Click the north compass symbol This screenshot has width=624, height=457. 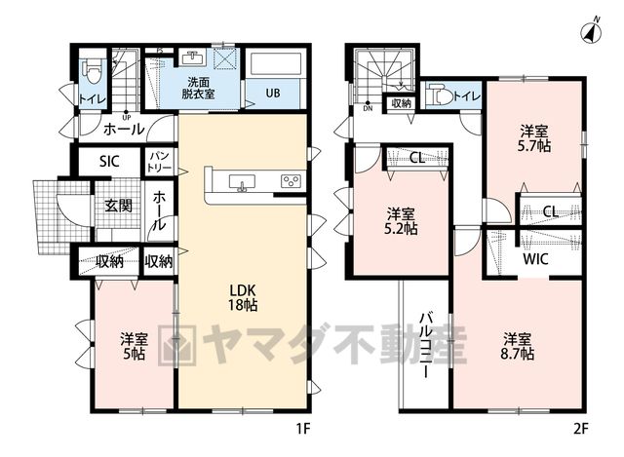tap(591, 31)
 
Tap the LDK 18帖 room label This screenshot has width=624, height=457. tap(243, 297)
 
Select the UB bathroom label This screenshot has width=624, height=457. tap(273, 94)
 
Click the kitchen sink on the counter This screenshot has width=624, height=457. tap(242, 183)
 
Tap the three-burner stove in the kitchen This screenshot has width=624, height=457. tap(291, 181)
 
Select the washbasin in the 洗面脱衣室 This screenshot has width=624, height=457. tap(193, 57)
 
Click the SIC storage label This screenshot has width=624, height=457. tap(109, 162)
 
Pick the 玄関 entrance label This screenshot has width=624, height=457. tap(118, 206)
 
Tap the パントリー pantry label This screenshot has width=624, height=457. tap(159, 161)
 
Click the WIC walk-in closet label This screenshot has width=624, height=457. tap(535, 259)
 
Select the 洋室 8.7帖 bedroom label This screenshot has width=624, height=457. tap(518, 347)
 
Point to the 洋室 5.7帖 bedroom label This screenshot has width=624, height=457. tap(534, 138)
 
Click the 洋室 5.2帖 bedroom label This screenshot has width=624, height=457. tap(401, 221)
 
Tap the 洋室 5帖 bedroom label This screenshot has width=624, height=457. tap(135, 347)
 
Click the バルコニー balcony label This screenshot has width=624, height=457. tap(425, 345)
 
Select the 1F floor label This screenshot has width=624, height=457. tap(302, 429)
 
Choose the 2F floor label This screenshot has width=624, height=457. tap(581, 429)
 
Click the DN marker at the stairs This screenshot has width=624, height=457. tap(368, 108)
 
